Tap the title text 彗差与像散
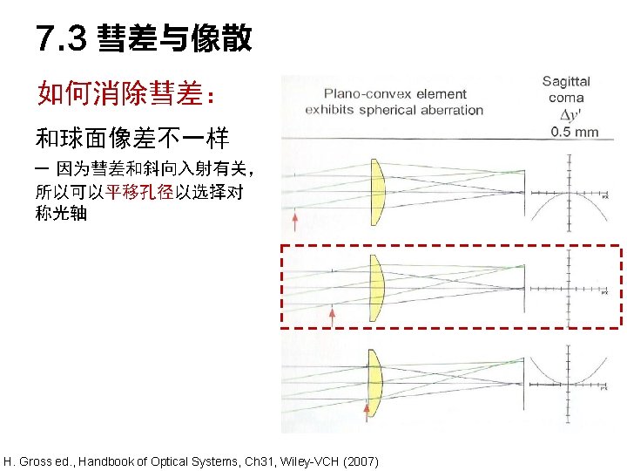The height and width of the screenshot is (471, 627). tap(174, 38)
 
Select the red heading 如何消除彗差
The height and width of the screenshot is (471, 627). tap(121, 92)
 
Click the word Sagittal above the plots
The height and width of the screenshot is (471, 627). tap(566, 82)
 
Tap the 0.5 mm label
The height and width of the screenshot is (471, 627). tap(575, 133)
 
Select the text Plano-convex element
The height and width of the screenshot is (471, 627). tap(394, 93)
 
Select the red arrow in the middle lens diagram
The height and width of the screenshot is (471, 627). tap(332, 315)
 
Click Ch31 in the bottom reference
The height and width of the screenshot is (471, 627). tap(246, 461)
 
